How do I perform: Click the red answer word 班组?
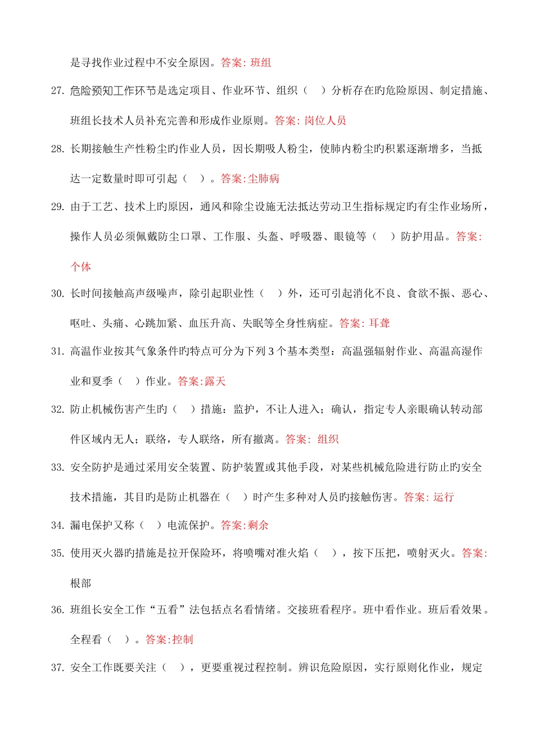[x=261, y=63]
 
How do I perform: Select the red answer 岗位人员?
[x=325, y=121]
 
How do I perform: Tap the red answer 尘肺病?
[x=264, y=179]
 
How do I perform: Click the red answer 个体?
[x=80, y=267]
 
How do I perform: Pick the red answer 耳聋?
[x=379, y=324]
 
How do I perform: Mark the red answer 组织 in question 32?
[x=328, y=439]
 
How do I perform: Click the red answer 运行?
[x=444, y=497]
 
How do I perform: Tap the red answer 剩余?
[x=259, y=526]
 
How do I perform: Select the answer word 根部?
[x=80, y=584]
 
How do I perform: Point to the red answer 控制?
[x=183, y=640]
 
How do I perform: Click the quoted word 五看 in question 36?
[x=167, y=610]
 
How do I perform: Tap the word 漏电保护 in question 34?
[x=92, y=526]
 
